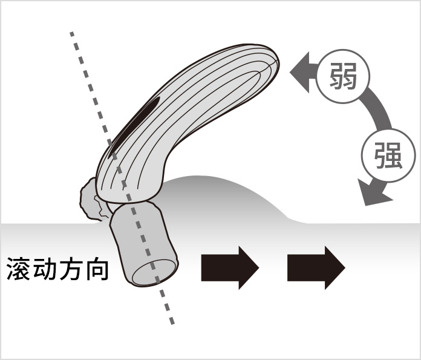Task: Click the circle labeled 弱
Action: (343, 76)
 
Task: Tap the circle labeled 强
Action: (388, 155)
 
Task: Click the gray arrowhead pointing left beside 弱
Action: (299, 72)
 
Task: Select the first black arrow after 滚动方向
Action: (230, 267)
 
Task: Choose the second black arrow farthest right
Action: (316, 267)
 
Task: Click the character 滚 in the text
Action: (19, 269)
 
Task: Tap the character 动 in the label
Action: (44, 269)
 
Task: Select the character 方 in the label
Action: (70, 269)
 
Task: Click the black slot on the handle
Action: (134, 126)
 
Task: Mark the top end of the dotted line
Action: (72, 33)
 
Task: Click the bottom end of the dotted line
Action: (172, 322)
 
